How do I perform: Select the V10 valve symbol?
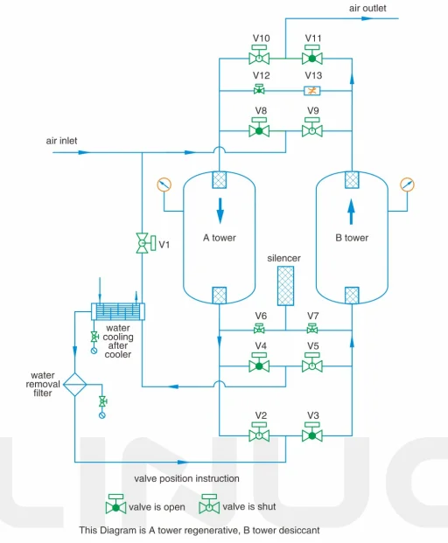click(x=260, y=58)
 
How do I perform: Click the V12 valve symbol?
click(x=260, y=90)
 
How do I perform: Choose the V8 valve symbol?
click(x=260, y=130)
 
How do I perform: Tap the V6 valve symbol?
click(x=260, y=330)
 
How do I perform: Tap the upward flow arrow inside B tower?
click(x=351, y=210)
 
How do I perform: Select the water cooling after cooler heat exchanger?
click(x=118, y=311)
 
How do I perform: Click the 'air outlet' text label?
click(x=367, y=8)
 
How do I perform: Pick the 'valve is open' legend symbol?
click(x=115, y=505)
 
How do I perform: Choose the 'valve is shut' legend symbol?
click(x=209, y=505)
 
